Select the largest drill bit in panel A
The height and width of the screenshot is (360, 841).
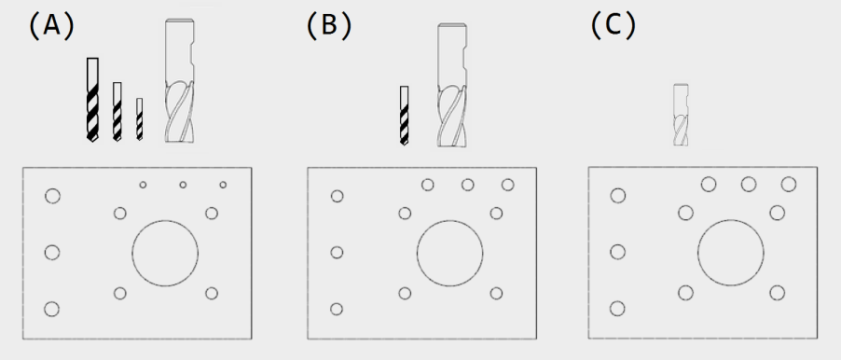click(x=93, y=100)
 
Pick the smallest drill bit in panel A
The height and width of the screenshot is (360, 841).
click(x=140, y=119)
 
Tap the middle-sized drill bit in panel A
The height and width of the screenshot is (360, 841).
click(x=117, y=112)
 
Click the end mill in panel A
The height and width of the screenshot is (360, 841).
click(x=180, y=81)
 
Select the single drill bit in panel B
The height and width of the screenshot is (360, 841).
click(x=404, y=116)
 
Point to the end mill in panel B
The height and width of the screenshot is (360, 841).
click(x=451, y=85)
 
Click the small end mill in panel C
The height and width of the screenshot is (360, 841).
click(x=681, y=115)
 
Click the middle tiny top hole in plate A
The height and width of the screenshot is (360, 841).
click(x=183, y=185)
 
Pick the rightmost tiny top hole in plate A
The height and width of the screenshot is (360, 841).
click(x=223, y=185)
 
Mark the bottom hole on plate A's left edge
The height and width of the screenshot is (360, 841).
click(x=52, y=309)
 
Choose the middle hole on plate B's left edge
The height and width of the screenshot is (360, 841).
click(x=337, y=252)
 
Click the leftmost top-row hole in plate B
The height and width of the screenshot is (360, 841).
click(x=427, y=185)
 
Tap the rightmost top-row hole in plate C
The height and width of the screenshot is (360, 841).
click(x=789, y=184)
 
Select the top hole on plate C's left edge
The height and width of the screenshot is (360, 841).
click(x=618, y=195)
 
